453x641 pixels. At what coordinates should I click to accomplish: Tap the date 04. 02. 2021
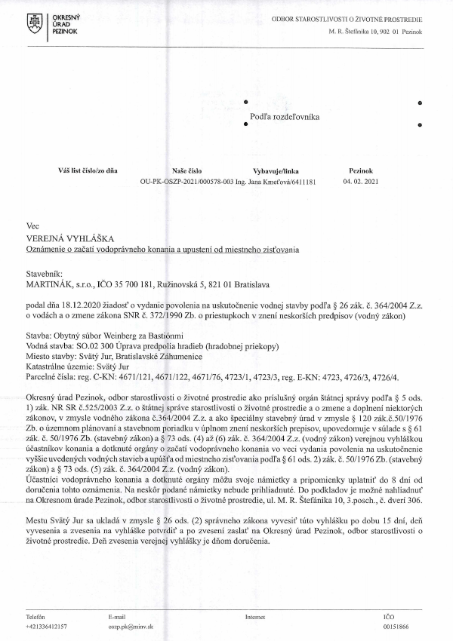coord(357,182)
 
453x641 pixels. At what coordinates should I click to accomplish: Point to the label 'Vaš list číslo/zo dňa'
coord(88,171)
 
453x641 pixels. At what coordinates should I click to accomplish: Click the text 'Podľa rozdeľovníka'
coord(285,117)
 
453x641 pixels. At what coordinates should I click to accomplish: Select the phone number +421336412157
coord(46,626)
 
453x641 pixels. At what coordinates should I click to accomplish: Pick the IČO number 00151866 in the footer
coord(396,626)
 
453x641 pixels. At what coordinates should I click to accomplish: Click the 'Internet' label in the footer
coord(255,616)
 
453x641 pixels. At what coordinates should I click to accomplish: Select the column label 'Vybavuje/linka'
coord(276,171)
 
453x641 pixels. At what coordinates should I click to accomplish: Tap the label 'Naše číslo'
coord(187,171)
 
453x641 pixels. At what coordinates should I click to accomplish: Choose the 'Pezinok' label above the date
coord(356,171)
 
